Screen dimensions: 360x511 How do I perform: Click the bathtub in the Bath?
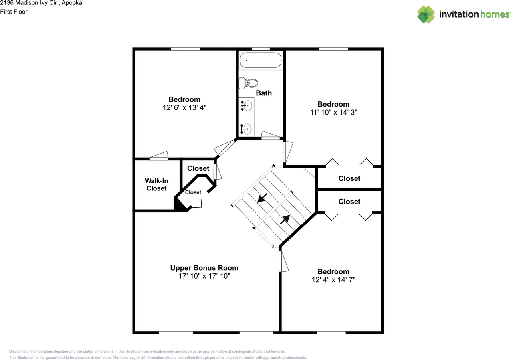tap(260, 60)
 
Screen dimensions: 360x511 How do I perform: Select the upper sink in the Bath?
tap(247, 106)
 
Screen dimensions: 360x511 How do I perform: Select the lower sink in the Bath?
tap(247, 129)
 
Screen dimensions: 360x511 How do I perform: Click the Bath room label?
tap(264, 93)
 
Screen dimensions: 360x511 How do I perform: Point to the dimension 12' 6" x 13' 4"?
tap(184, 107)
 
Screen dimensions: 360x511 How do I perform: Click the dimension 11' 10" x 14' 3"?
tap(333, 112)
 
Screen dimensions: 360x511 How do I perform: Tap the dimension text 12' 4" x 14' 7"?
tap(333, 279)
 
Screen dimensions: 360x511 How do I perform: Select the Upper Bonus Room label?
tap(204, 268)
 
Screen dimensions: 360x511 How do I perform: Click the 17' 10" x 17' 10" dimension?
tap(204, 276)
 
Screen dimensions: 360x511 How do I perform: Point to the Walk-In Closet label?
tap(156, 184)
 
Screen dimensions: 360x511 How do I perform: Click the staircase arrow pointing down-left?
tap(262, 198)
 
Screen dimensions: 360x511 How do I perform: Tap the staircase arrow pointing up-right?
tap(285, 219)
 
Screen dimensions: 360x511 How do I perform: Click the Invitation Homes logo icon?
tap(426, 14)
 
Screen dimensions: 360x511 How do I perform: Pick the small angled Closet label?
tap(193, 192)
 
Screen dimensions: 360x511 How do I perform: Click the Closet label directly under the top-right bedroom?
tap(349, 178)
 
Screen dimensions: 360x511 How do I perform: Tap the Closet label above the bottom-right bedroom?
tap(349, 202)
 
